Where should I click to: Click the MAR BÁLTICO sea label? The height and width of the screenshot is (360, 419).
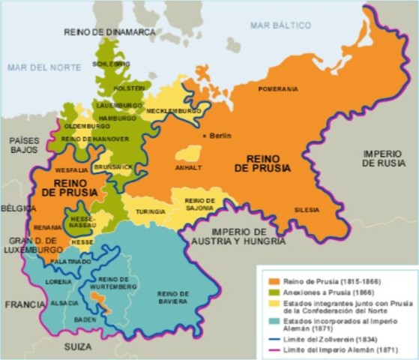pyautogui.click(x=280, y=25)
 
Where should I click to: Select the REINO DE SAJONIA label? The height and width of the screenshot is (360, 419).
pyautogui.click(x=200, y=204)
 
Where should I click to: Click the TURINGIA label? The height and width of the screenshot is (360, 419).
pyautogui.click(x=150, y=212)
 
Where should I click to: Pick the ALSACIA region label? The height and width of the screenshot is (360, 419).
pyautogui.click(x=64, y=303)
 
